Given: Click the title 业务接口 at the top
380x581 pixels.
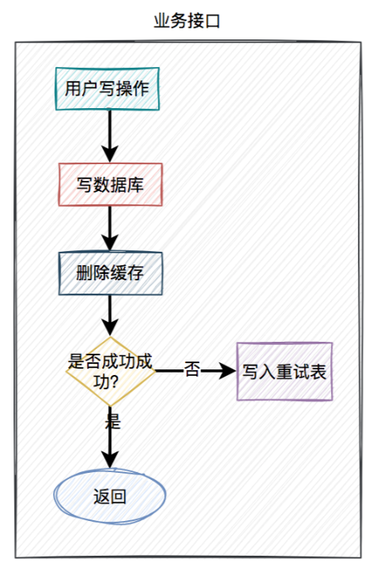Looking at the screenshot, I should [188, 21].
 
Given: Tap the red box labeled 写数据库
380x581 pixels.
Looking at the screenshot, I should [110, 185].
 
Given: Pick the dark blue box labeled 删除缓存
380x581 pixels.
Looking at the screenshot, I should [110, 273].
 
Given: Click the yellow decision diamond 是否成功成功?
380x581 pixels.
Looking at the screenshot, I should [110, 371].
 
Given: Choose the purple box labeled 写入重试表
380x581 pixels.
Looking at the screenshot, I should [284, 371].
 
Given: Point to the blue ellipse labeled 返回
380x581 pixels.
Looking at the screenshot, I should [110, 497].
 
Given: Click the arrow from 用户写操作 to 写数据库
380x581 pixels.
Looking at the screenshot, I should [110, 136].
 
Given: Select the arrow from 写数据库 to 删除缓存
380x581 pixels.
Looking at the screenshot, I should [110, 229].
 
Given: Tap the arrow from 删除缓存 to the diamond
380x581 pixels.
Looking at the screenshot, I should [110, 314].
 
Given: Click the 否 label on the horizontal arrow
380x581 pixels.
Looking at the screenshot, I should [192, 369].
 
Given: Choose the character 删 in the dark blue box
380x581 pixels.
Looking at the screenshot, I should [84, 274].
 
